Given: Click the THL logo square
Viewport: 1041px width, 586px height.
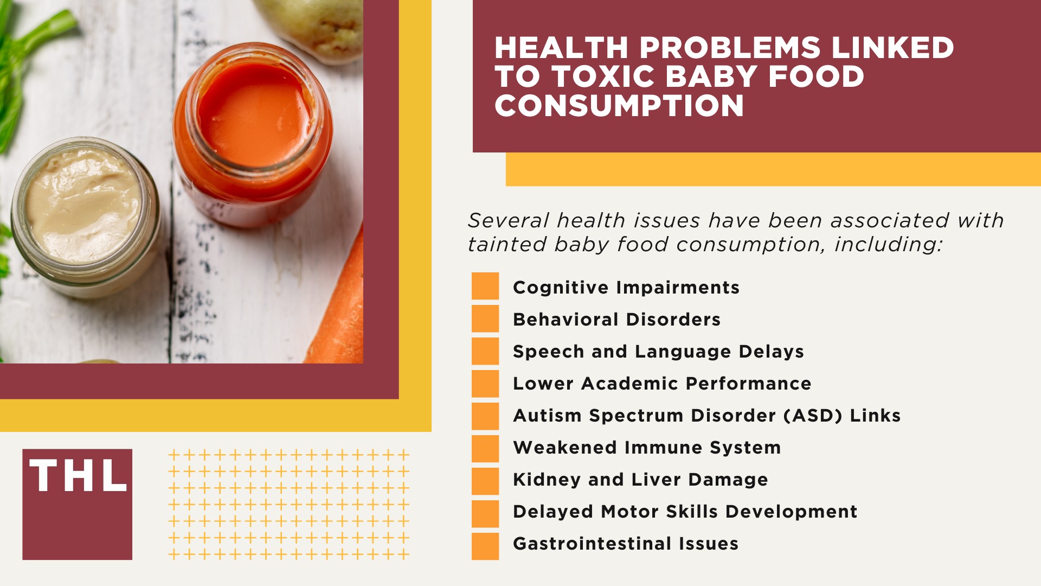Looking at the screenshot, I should [77, 504].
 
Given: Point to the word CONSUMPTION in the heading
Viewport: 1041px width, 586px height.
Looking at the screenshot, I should [619, 105].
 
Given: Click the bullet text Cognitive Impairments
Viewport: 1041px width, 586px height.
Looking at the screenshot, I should [626, 288].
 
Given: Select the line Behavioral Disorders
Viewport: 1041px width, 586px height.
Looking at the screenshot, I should [616, 320].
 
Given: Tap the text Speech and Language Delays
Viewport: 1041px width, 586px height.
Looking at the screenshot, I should [658, 352].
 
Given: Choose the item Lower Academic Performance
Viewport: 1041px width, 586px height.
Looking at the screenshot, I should [662, 384].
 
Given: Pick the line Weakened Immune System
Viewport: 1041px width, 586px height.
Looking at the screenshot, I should [647, 448].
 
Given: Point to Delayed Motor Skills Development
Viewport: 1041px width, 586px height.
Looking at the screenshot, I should [685, 512].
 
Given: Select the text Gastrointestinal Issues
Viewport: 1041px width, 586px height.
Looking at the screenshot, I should [626, 544].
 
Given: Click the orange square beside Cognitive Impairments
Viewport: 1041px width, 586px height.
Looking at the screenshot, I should [485, 286].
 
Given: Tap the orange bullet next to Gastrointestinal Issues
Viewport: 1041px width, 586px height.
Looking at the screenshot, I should [485, 546].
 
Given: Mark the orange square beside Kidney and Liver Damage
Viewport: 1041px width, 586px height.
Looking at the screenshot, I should [485, 481].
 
